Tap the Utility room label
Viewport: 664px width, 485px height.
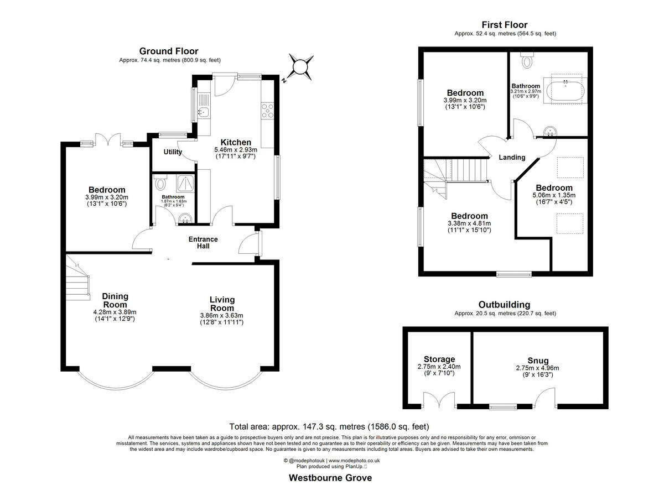tap(173, 152)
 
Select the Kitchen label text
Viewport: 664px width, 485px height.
tap(236, 143)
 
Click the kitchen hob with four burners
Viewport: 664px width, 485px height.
tap(268, 111)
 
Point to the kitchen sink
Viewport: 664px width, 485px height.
tap(202, 113)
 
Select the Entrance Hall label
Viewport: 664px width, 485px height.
tap(203, 242)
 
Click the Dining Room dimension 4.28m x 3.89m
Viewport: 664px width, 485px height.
tap(115, 312)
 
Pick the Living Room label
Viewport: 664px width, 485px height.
tap(221, 304)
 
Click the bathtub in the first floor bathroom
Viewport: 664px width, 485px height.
tap(564, 90)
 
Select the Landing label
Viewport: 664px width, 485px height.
tap(512, 158)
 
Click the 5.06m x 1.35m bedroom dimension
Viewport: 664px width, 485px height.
tap(554, 195)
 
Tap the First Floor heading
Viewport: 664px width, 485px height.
tap(504, 25)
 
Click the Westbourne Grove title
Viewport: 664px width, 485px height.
tap(330, 477)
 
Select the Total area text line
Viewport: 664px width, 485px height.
tap(329, 426)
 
